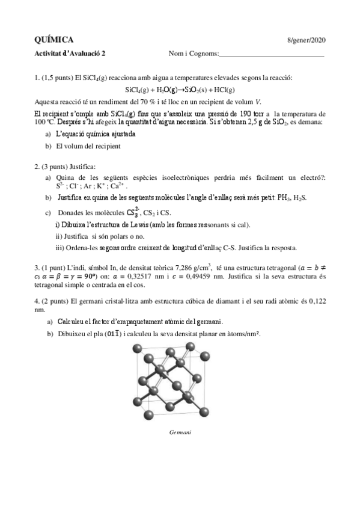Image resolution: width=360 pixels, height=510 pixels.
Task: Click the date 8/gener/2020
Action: [x=307, y=40]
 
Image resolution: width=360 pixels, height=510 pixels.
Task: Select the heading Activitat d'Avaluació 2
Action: [x=69, y=53]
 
